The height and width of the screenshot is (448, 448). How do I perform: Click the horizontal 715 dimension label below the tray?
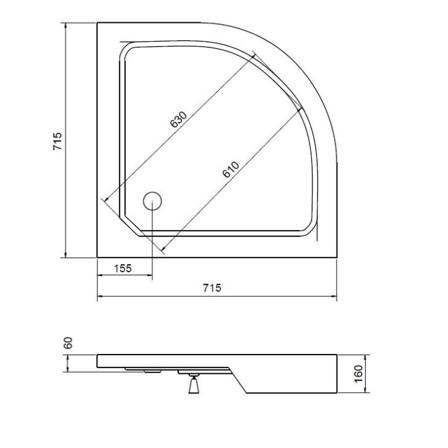point(211,287)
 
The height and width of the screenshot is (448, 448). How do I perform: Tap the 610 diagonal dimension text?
point(230,170)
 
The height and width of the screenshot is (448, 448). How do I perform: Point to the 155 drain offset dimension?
point(123,268)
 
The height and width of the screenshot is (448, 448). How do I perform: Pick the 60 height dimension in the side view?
point(69,342)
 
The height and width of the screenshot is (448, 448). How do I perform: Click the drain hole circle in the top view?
point(152,200)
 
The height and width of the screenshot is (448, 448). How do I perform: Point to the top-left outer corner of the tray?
point(97,23)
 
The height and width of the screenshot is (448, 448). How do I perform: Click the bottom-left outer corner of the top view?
point(97,257)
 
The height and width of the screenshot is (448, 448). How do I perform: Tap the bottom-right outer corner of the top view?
point(337,257)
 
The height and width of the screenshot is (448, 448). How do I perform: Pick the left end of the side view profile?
point(98,360)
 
